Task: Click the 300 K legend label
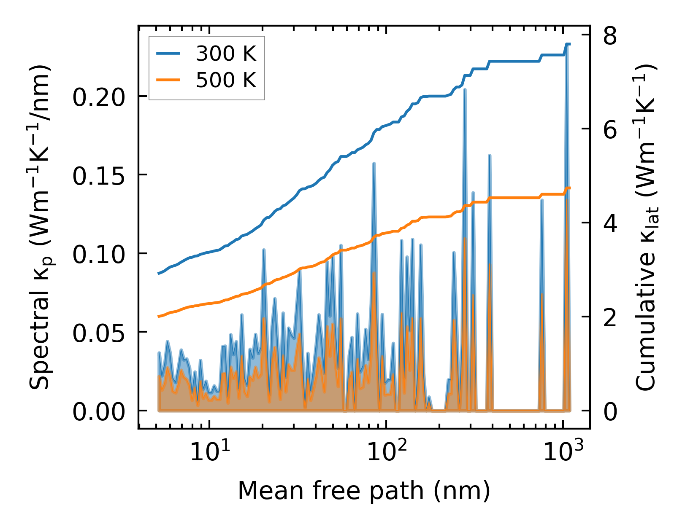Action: pyautogui.click(x=226, y=54)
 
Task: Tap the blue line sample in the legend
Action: pyautogui.click(x=168, y=54)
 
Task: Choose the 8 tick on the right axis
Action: pyautogui.click(x=610, y=36)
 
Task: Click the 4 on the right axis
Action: pyautogui.click(x=610, y=224)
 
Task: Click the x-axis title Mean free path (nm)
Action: pyautogui.click(x=364, y=491)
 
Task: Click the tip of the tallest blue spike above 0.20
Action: pyautogui.click(x=568, y=44)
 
